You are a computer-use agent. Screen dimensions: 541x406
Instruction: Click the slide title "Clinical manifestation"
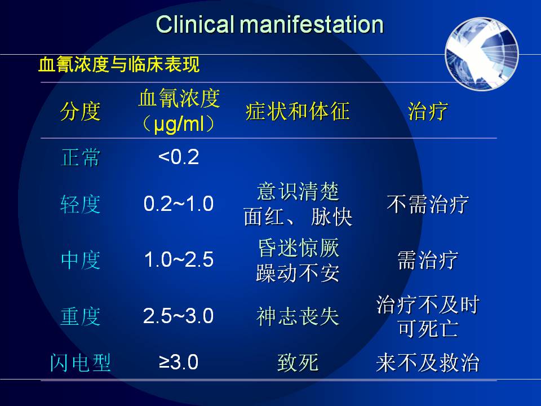coord(270,24)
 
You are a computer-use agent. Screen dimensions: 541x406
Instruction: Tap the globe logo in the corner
coord(482,54)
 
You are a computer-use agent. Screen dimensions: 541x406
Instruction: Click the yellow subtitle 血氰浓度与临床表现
coord(119,64)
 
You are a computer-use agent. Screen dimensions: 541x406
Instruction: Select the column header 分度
coord(81,112)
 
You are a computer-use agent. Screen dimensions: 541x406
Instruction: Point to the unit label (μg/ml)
coord(179,123)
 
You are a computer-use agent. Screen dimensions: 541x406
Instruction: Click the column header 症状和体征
coord(298,112)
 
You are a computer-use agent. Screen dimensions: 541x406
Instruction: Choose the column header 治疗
coord(428,112)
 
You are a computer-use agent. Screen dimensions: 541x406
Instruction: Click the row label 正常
coord(81,157)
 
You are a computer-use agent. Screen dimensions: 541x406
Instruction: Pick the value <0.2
coord(179,157)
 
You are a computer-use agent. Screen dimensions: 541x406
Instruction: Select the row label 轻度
coord(81,204)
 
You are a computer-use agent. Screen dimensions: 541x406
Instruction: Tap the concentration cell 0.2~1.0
coord(179,204)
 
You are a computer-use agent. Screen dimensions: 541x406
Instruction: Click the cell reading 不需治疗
coord(428,204)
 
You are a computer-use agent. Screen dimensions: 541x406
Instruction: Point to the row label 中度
coord(81,260)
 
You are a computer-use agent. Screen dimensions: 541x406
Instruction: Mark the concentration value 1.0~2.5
coord(179,259)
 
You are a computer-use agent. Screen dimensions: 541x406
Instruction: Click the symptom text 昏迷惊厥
coord(299,248)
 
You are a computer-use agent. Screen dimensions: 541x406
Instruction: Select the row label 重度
coord(81,316)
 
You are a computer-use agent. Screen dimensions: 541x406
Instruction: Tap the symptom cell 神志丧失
coord(298,316)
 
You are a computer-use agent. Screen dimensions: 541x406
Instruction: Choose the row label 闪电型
coord(81,363)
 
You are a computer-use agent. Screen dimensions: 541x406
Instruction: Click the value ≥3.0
coord(179,363)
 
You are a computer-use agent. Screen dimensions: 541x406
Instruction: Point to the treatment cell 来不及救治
coord(428,363)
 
